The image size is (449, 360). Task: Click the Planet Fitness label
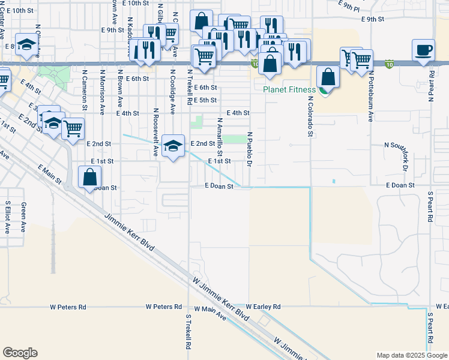289,90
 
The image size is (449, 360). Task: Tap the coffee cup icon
424,49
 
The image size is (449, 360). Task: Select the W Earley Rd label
263,307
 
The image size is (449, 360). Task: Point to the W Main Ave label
205,313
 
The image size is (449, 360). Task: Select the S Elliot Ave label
7,216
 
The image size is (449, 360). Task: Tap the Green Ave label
24,217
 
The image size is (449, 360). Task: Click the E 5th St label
203,100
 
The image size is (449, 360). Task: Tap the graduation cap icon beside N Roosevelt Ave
173,145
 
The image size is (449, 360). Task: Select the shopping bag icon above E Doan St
89,177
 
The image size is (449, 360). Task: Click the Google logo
20,353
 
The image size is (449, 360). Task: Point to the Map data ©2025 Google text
412,355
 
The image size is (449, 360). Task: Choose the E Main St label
49,173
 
